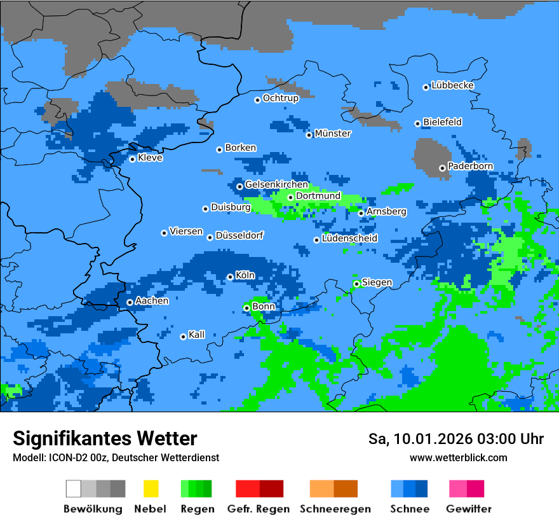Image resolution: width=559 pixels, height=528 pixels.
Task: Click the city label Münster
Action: click(x=333, y=134)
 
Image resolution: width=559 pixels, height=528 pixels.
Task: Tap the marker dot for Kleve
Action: click(x=132, y=159)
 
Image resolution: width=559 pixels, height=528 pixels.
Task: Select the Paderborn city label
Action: click(x=470, y=167)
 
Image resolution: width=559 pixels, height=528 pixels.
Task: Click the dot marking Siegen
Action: click(x=356, y=284)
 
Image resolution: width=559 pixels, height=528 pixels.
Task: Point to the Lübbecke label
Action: click(x=452, y=85)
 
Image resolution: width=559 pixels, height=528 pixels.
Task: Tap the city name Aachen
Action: click(x=152, y=301)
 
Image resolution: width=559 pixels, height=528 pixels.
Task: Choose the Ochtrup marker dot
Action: click(x=257, y=100)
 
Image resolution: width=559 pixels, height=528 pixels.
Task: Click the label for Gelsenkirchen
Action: click(x=276, y=184)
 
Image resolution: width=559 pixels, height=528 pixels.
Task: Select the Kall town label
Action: click(x=196, y=335)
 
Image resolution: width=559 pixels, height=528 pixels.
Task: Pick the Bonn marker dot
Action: click(x=246, y=308)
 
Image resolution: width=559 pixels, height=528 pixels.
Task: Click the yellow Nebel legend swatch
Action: click(x=151, y=489)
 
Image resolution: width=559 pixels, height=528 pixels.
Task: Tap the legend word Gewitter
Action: click(x=468, y=509)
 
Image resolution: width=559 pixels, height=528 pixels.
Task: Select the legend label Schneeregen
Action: click(x=335, y=509)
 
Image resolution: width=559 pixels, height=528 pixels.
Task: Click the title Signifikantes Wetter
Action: click(x=105, y=438)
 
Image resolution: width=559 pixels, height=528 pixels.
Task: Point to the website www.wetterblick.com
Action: click(x=458, y=458)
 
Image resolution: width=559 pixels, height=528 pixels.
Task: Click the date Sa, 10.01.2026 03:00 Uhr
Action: click(x=455, y=439)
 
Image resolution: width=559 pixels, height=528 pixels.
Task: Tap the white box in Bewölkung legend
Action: click(x=74, y=489)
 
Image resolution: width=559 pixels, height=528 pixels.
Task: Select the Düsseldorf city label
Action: click(x=239, y=235)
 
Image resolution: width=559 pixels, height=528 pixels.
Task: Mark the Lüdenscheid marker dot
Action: click(x=316, y=240)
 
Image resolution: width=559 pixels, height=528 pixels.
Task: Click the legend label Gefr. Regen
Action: click(x=258, y=509)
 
